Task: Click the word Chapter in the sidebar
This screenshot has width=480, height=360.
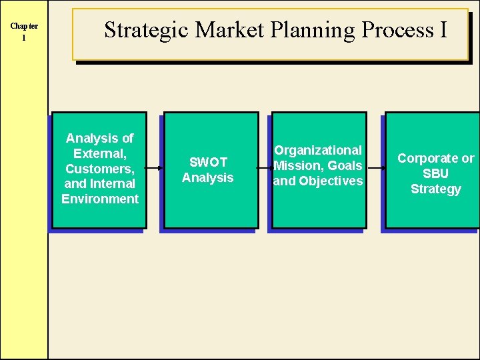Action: (x=24, y=26)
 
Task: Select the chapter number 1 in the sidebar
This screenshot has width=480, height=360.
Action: (x=24, y=38)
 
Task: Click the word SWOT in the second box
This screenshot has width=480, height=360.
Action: (x=208, y=162)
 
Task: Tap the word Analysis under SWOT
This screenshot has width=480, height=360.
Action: (x=208, y=177)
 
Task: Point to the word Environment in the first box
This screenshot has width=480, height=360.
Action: (x=100, y=199)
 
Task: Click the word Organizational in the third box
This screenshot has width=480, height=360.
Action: (x=318, y=151)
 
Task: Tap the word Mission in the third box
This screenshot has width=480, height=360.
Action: (x=298, y=166)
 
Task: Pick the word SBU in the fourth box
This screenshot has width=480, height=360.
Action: (x=435, y=173)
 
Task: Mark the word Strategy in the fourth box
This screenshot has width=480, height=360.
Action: (x=435, y=189)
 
